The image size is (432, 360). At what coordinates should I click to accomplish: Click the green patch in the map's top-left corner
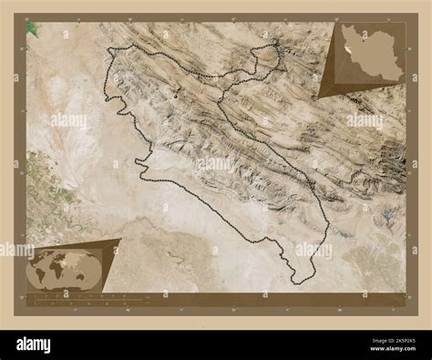33,29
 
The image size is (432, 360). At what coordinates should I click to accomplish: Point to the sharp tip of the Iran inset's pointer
318,98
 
